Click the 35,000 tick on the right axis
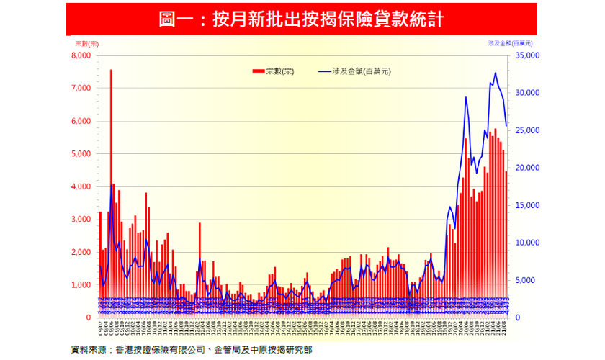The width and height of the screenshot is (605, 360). click(x=526, y=55)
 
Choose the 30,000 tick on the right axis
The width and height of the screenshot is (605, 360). click(x=526, y=92)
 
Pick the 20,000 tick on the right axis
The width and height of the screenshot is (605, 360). click(x=526, y=168)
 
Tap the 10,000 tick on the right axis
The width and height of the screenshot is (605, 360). click(x=526, y=243)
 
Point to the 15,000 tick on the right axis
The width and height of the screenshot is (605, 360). click(x=526, y=205)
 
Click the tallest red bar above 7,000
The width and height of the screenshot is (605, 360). click(x=111, y=144)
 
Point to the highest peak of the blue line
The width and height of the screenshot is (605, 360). click(x=495, y=73)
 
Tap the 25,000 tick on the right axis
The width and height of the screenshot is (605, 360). click(x=526, y=130)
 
